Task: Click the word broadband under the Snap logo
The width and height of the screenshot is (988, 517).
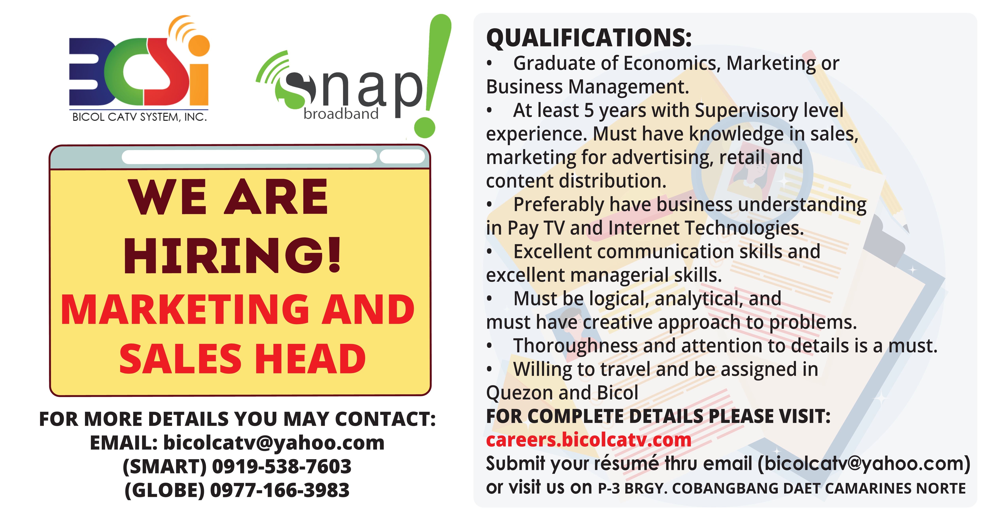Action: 341,113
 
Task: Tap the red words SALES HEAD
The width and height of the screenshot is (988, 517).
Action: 242,359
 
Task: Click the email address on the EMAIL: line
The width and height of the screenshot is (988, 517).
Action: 274,443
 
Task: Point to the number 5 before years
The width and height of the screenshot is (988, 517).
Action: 589,110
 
